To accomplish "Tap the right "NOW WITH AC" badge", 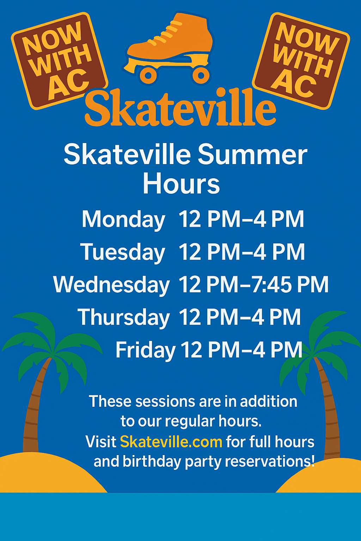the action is [301, 61].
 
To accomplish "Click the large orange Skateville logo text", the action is [180, 107].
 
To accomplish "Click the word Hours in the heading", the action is [181, 184].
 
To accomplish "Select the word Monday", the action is [123, 219].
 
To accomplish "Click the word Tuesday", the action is [123, 253].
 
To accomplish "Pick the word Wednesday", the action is [111, 285].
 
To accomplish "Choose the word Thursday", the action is [123, 317].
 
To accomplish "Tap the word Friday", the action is [146, 350].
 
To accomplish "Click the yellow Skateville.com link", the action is [171, 442].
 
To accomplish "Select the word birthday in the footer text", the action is [152, 462].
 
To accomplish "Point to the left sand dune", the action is [48, 474].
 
